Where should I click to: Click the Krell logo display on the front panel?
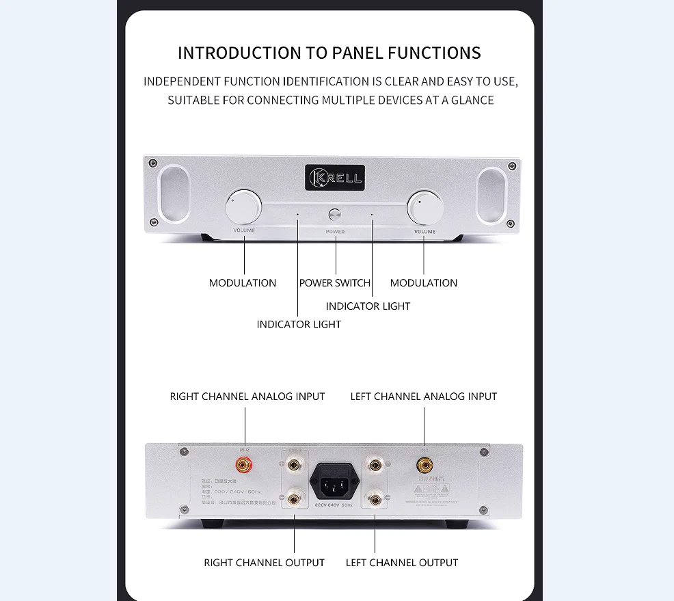tap(335, 178)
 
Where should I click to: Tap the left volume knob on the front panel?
tap(244, 206)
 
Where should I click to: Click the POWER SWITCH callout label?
tap(334, 283)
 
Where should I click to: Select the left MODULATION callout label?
tap(243, 283)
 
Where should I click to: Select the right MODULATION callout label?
tap(424, 283)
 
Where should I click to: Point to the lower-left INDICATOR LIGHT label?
tap(299, 324)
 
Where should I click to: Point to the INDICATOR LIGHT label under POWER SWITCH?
tap(368, 306)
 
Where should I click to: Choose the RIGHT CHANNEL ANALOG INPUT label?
tap(247, 397)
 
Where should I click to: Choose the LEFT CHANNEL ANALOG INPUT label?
tap(424, 397)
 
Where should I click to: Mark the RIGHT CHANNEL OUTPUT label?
tap(264, 563)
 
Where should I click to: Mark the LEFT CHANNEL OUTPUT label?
tap(402, 563)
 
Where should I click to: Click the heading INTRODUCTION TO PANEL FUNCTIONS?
tap(329, 53)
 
